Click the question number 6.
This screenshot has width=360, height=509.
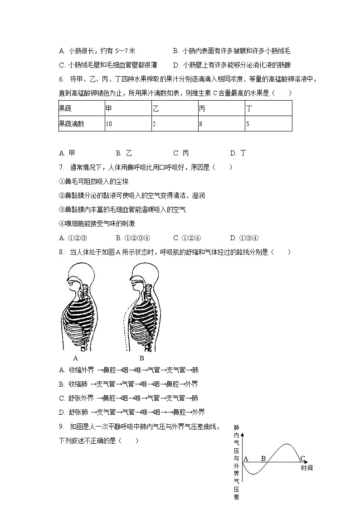click(x=61, y=80)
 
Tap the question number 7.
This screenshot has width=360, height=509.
click(x=61, y=167)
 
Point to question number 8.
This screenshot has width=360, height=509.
click(x=61, y=252)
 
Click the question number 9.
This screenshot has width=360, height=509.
click(x=61, y=427)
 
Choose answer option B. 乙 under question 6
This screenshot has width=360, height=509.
click(x=124, y=153)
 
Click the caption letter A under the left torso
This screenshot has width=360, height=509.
click(x=75, y=357)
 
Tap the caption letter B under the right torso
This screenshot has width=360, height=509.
click(x=141, y=357)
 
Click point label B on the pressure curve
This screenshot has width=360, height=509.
click(x=263, y=458)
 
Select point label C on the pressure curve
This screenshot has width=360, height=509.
click(x=303, y=458)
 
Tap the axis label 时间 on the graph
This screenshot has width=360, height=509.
click(x=306, y=468)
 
